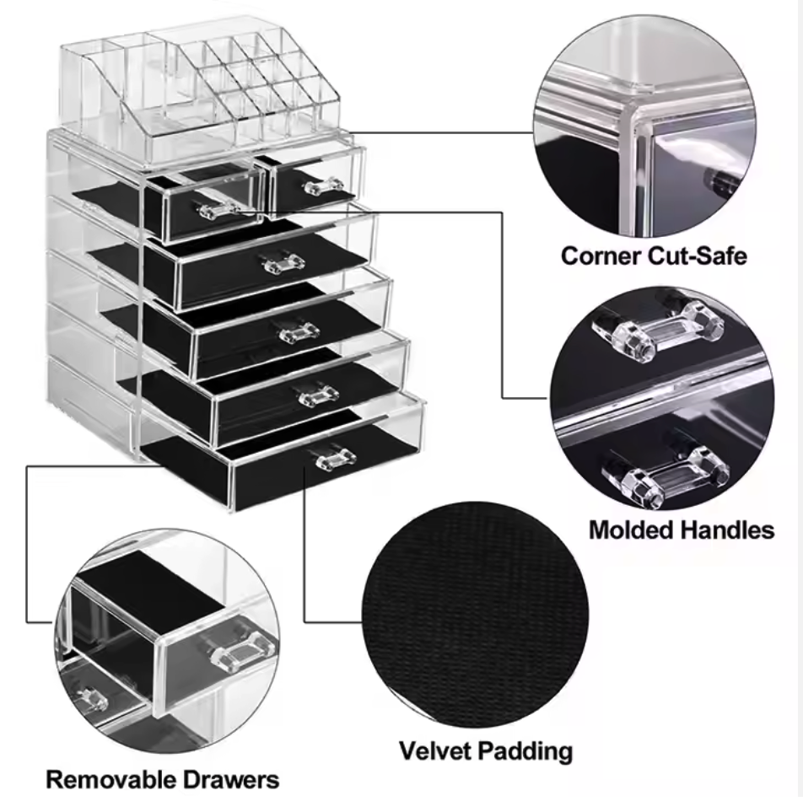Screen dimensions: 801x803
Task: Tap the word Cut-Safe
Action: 699,255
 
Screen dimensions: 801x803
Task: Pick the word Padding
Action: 530,751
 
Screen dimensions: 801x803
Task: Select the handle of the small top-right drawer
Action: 323,185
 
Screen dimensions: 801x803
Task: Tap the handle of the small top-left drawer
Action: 217,207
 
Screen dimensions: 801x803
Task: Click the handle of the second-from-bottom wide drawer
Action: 319,393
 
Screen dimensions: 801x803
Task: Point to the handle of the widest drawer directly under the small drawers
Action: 283,263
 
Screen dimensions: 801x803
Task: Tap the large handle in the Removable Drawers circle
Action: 242,649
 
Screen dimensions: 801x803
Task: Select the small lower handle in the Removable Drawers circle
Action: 90,699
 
